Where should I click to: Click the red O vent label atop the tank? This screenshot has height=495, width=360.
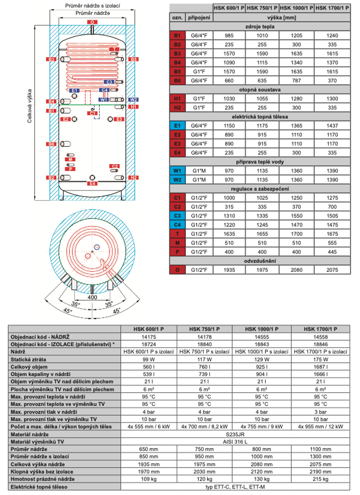[x=92, y=22]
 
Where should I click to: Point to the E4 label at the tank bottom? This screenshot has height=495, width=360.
[x=92, y=184]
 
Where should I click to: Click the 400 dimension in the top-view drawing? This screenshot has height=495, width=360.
[x=92, y=298]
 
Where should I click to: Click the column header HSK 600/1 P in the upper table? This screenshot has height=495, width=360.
[x=229, y=8]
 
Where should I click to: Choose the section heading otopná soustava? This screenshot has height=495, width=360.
[x=260, y=89]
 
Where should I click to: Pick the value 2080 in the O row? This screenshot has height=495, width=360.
[x=297, y=270]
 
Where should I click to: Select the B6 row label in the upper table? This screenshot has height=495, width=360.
[x=177, y=80]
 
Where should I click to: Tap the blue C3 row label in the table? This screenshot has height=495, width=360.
[x=177, y=215]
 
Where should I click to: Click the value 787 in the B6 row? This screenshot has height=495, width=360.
[x=297, y=80]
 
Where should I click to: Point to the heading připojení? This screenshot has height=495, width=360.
[x=199, y=17]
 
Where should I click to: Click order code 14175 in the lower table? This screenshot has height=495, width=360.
[x=150, y=337]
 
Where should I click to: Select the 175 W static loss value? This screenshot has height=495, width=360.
[x=321, y=360]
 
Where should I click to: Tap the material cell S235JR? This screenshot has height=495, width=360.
[x=235, y=434]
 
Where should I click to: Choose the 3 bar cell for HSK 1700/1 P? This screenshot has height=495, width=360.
[x=321, y=411]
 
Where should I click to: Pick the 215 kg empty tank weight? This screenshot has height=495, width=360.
[x=321, y=479]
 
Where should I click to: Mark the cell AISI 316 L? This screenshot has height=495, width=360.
[x=235, y=441]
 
